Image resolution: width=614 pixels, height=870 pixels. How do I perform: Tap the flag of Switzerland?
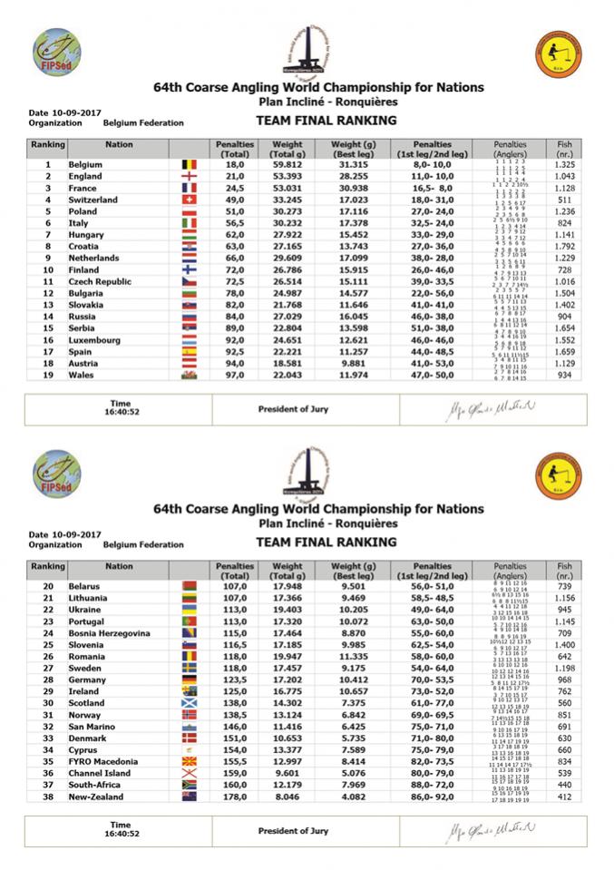coord(189,200)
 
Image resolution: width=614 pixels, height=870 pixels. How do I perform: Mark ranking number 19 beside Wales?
coord(46,375)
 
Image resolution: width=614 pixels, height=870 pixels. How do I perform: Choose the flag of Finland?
coord(189,269)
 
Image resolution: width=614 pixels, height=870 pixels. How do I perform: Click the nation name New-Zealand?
coord(98,797)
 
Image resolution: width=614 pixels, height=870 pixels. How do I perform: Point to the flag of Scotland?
coord(189,703)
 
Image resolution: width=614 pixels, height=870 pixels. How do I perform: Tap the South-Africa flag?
coord(189,785)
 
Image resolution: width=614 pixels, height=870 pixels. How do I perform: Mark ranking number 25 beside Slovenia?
coord(46,644)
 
